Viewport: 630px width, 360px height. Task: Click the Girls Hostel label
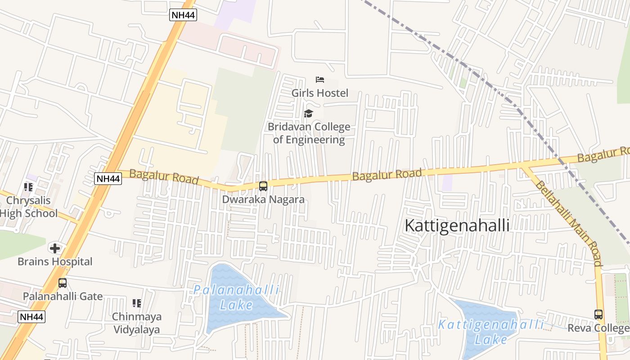point(319,93)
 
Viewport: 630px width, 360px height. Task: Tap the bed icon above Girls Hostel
point(320,80)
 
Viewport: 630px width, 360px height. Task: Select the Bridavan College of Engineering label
point(309,133)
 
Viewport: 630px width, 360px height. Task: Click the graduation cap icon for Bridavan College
point(308,113)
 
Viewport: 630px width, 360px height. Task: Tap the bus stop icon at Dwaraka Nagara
point(263,186)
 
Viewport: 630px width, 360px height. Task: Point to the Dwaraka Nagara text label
point(263,199)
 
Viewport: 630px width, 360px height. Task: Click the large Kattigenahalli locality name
point(457,225)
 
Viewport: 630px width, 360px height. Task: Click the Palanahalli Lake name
point(237,297)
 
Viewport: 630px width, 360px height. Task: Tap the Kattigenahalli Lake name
point(490,332)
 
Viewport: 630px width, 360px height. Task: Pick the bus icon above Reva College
point(598,315)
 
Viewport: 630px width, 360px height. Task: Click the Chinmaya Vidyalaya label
point(136,323)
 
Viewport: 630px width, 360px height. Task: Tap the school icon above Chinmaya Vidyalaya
point(137,303)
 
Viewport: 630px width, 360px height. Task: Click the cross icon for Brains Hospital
point(55,248)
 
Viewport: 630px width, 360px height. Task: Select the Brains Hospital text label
point(55,261)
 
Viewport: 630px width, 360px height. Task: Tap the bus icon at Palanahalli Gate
point(63,283)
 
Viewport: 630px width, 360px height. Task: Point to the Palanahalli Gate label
point(63,296)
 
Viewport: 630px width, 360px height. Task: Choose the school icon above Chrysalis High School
point(28,187)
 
